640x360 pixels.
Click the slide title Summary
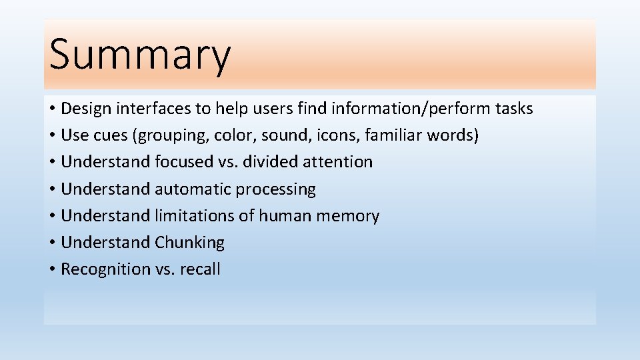click(139, 55)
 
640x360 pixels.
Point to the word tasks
click(513, 109)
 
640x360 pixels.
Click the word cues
click(111, 136)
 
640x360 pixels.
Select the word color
click(235, 136)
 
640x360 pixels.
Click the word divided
click(278, 162)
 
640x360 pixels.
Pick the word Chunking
click(190, 243)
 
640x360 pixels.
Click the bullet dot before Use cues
click(52, 136)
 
